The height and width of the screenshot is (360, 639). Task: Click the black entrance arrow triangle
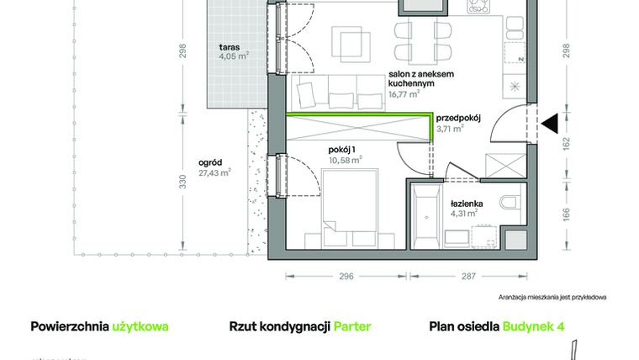point(550,125)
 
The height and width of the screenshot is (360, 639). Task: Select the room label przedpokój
point(458,119)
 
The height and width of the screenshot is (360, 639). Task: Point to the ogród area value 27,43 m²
point(214,173)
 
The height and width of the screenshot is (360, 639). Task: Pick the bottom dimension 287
point(468,275)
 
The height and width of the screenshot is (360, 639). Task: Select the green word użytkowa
point(140,326)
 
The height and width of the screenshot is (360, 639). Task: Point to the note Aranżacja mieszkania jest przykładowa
point(552,297)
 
